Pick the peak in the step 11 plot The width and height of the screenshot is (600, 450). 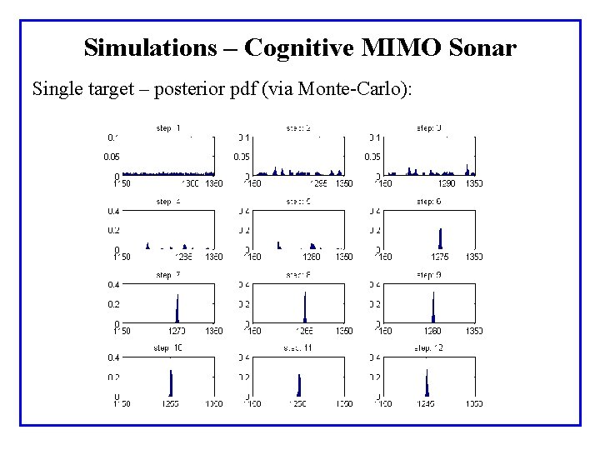298,384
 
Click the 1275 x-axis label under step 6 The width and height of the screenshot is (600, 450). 439,257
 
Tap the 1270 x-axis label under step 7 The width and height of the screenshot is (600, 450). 177,331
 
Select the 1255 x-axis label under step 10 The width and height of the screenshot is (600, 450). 169,404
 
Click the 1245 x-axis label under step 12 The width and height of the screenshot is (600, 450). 426,404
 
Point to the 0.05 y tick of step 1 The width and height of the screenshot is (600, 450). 112,157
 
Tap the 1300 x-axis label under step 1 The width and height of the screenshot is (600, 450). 190,183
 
